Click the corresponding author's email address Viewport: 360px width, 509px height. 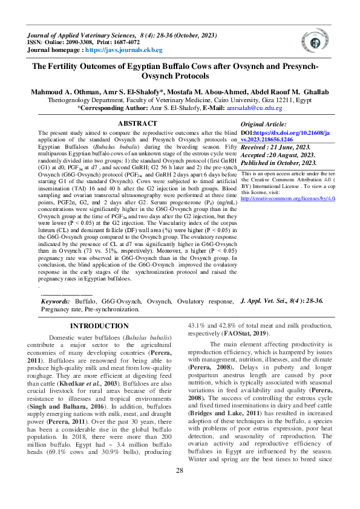[x=237, y=108]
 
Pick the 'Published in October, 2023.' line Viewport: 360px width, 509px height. [x=280, y=163]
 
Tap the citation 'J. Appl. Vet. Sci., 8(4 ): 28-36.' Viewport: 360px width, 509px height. [x=282, y=300]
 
